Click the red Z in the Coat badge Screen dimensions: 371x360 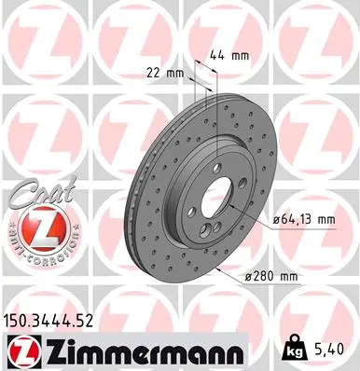pos(33,228)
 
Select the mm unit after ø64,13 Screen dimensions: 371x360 pos(324,219)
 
